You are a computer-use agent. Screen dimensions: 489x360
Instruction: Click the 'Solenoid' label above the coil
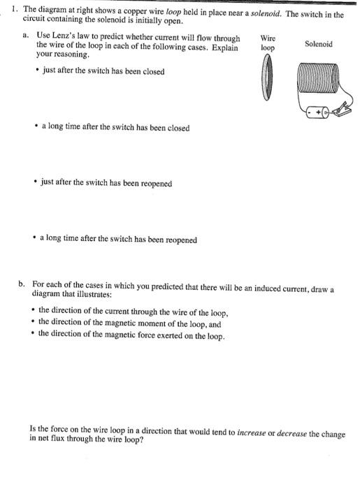point(318,43)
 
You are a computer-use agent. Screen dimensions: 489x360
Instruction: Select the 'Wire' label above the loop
point(267,38)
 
